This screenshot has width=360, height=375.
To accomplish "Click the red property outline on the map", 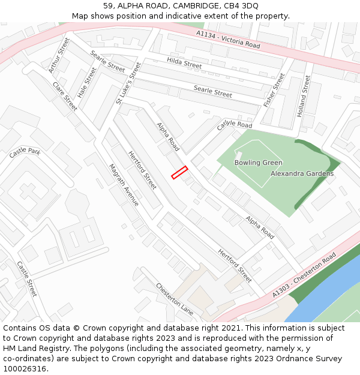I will tap(179, 172).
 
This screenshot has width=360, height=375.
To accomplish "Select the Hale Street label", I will tap(86, 82).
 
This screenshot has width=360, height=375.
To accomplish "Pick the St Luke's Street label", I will tap(128, 83).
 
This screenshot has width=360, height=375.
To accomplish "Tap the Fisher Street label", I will tap(274, 90).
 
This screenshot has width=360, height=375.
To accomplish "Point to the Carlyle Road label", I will tap(235, 124).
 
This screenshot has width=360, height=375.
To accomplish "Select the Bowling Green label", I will tap(258, 163).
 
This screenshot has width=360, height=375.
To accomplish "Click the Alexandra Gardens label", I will tap(302, 173).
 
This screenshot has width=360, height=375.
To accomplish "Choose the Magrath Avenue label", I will tap(124, 185).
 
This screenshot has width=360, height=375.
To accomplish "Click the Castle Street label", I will tap(27, 279).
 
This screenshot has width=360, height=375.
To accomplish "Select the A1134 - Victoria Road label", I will tap(228, 41).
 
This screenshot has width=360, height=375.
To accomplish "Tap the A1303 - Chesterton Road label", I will tap(304, 275).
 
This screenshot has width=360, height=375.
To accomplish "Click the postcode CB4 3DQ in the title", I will tap(241, 5).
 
